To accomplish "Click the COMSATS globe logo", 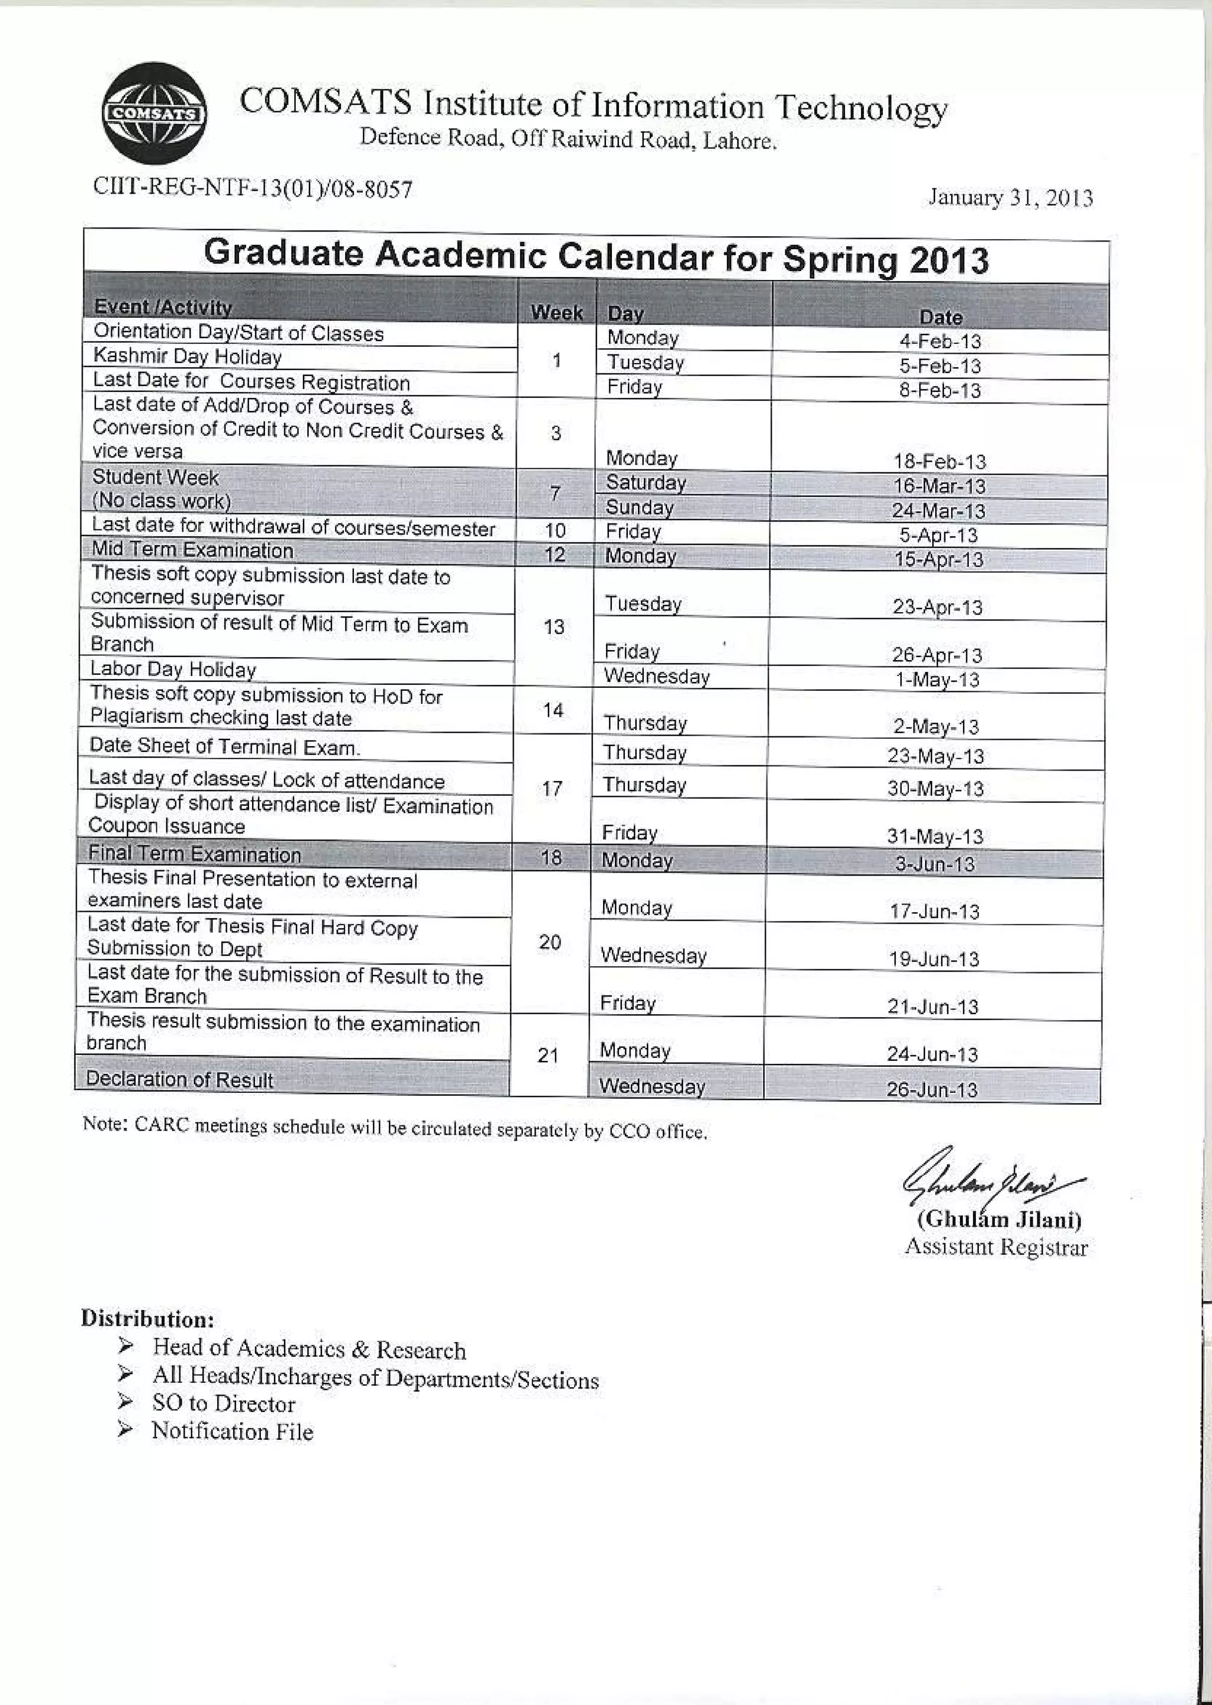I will click(x=154, y=114).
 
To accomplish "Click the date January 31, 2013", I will click(x=1011, y=198).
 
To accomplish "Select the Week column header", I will click(x=557, y=312).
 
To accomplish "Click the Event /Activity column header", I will click(x=163, y=307).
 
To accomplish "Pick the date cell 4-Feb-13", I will click(x=940, y=341).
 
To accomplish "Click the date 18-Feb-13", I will click(x=940, y=461).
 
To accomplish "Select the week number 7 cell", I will click(x=555, y=493).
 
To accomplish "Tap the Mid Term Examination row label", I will click(x=192, y=549).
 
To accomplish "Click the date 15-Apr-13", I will click(x=939, y=559).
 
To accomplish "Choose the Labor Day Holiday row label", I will click(x=173, y=668).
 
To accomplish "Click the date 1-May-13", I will click(x=937, y=679).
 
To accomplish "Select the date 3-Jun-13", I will click(x=934, y=864).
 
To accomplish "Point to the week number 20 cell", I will click(x=550, y=942).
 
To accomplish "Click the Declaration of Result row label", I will click(x=179, y=1079).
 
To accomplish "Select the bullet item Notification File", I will click(x=232, y=1430).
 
